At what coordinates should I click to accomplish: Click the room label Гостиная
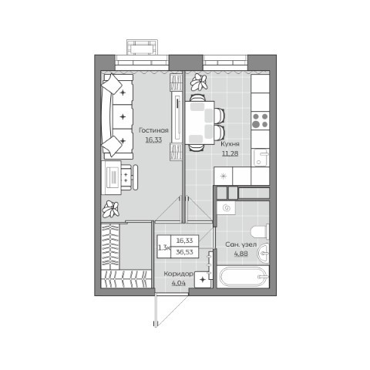[x=153, y=130]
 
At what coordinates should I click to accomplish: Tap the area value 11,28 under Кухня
[x=230, y=153]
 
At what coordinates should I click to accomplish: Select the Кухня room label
[x=230, y=144]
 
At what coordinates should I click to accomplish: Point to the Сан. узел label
[x=241, y=244]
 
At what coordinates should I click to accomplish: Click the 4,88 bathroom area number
[x=241, y=254]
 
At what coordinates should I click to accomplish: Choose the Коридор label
[x=179, y=274]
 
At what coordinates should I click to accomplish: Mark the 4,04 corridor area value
[x=179, y=283]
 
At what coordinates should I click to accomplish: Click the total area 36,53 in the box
[x=184, y=252]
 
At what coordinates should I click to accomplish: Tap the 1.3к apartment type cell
[x=164, y=247]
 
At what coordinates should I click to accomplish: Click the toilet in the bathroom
[x=260, y=231]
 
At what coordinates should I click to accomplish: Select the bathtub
[x=243, y=277]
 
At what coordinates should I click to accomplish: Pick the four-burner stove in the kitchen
[x=260, y=120]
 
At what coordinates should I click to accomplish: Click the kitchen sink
[x=261, y=157]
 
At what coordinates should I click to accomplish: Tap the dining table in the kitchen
[x=200, y=123]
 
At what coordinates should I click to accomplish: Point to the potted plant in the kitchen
[x=199, y=82]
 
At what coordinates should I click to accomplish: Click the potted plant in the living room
[x=111, y=209]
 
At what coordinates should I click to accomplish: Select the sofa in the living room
[x=117, y=116]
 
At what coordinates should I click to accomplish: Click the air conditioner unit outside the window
[x=142, y=47]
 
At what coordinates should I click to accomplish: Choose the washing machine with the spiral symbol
[x=226, y=207]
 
